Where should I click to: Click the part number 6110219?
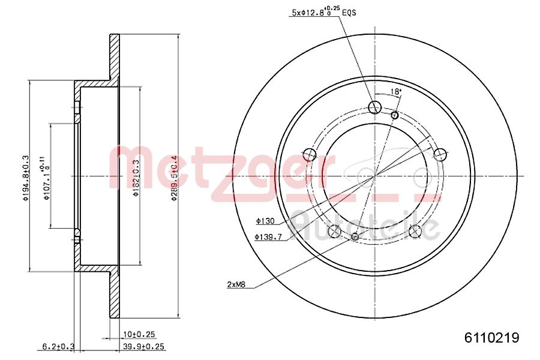pyautogui.click(x=491, y=337)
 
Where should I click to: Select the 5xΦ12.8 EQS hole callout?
pyautogui.click(x=323, y=11)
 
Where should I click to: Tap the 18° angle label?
pyautogui.click(x=395, y=92)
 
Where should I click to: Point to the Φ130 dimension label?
pyautogui.click(x=264, y=221)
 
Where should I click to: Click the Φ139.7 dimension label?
pyautogui.click(x=267, y=237)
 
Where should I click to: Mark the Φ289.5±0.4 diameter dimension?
pyautogui.click(x=173, y=178)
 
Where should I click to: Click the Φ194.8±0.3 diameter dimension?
pyautogui.click(x=25, y=178)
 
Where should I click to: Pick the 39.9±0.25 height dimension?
pyautogui.click(x=144, y=346)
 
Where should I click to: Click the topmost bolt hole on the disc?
pyautogui.click(x=374, y=108)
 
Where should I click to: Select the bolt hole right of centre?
pyautogui.click(x=440, y=155)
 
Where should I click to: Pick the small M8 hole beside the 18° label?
pyautogui.click(x=394, y=115)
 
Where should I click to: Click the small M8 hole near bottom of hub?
pyautogui.click(x=355, y=237)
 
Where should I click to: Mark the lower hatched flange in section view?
pyautogui.click(x=114, y=294)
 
